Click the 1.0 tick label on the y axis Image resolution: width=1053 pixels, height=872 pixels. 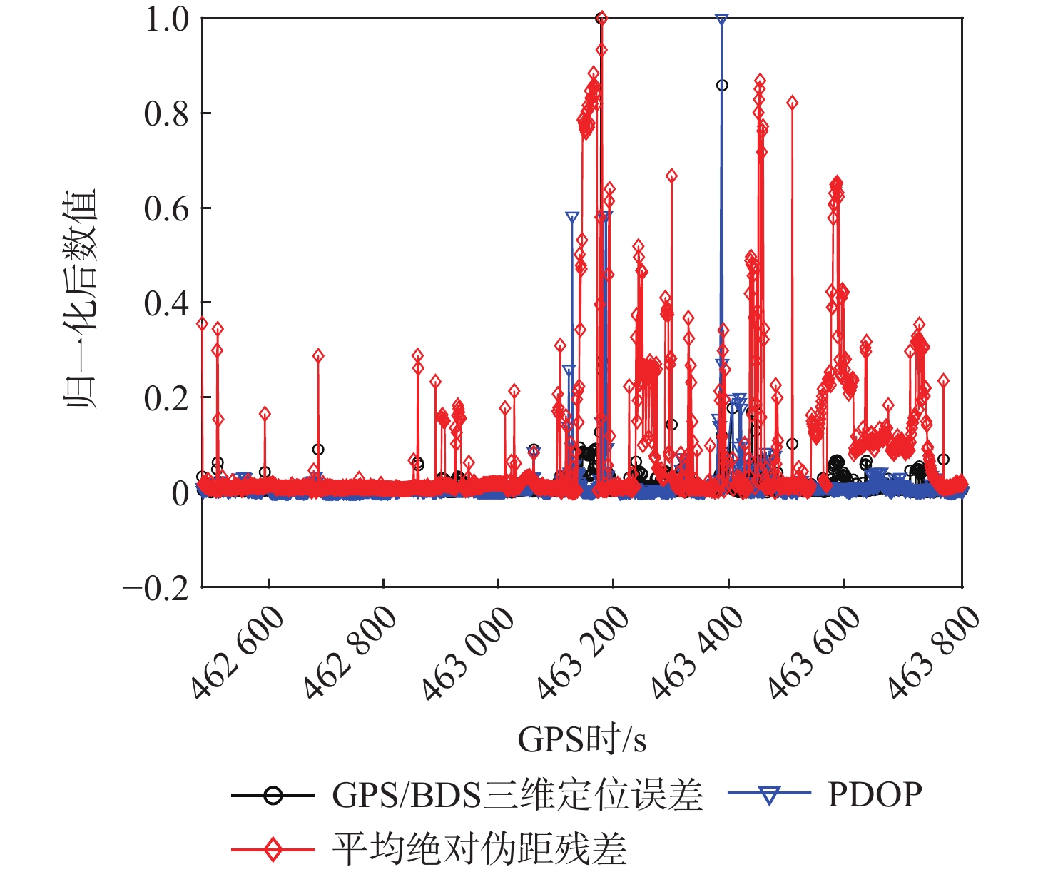tap(167, 19)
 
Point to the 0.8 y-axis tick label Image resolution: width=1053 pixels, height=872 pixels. tap(167, 113)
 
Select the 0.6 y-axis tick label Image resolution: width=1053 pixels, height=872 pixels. tap(167, 208)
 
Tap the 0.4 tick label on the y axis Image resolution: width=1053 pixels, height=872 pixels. tap(167, 303)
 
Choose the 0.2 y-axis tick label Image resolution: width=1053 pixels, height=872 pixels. tap(167, 398)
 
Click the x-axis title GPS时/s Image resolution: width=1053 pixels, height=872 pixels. tap(581, 740)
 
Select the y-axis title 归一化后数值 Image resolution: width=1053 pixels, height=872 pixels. tap(81, 300)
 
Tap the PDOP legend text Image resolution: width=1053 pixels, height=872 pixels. tap(875, 794)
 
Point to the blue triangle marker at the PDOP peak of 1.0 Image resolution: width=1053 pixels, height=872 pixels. tap(721, 20)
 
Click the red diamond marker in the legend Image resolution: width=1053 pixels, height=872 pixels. tap(273, 849)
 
